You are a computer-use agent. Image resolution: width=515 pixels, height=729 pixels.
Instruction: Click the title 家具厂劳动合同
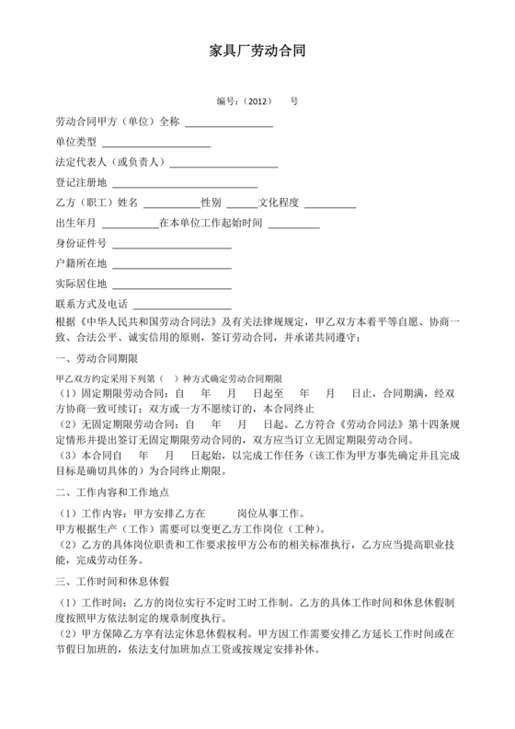(257, 54)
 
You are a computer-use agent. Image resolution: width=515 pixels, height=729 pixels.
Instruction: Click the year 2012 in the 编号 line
(259, 101)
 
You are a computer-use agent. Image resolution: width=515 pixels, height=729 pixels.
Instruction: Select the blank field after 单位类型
(155, 144)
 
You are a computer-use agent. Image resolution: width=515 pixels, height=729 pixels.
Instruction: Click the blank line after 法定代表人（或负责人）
(223, 165)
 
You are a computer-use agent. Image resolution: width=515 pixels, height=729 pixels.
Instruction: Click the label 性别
(211, 202)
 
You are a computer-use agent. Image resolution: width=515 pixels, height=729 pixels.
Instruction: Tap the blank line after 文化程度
(329, 205)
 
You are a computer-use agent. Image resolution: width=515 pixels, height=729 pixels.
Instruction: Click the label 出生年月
(76, 223)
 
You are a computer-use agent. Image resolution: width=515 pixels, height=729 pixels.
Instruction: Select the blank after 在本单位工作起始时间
(293, 226)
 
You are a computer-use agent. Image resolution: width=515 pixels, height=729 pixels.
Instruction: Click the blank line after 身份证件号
(171, 246)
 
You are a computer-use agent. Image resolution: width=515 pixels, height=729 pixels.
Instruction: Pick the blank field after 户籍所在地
(171, 266)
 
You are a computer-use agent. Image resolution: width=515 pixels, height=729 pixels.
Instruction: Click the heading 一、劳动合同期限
(97, 358)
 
